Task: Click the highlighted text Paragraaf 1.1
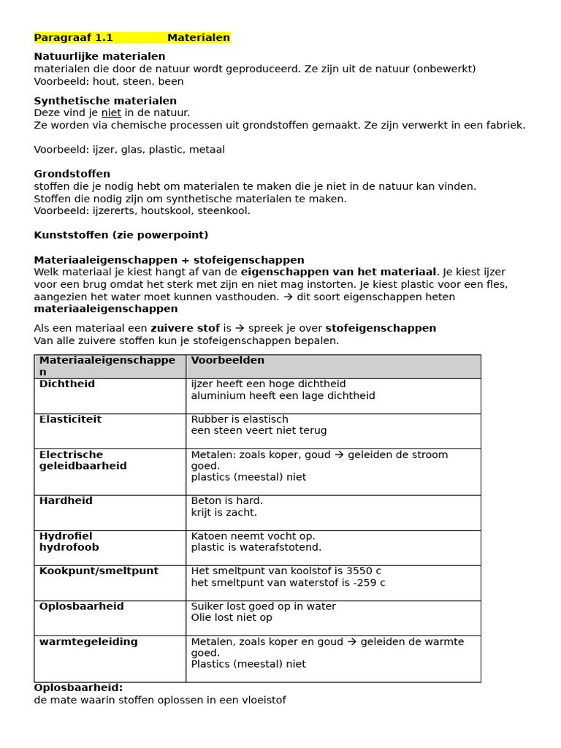pyautogui.click(x=73, y=38)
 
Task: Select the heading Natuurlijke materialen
pyautogui.click(x=99, y=56)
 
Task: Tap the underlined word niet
pyautogui.click(x=111, y=112)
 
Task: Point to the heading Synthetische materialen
pyautogui.click(x=105, y=101)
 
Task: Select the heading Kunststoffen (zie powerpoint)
pyautogui.click(x=121, y=235)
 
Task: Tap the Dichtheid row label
pyautogui.click(x=67, y=384)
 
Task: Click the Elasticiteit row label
pyautogui.click(x=70, y=419)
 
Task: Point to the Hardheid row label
pyautogui.click(x=66, y=501)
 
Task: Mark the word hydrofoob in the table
pyautogui.click(x=69, y=547)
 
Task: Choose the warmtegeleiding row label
pyautogui.click(x=88, y=641)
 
